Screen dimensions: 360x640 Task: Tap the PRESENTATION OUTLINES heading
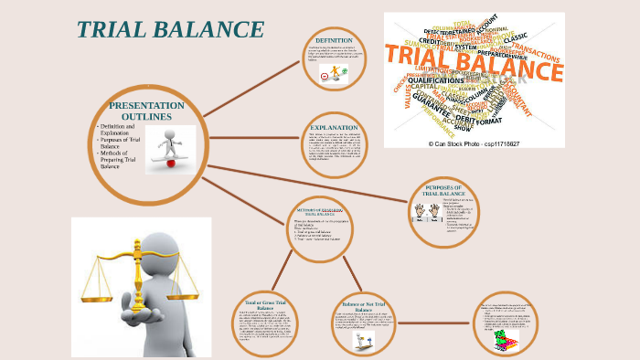coord(146,111)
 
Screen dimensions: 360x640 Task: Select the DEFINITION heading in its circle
coord(334,41)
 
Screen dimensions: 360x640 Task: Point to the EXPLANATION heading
coord(334,127)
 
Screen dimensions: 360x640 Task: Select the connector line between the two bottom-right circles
coord(430,323)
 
